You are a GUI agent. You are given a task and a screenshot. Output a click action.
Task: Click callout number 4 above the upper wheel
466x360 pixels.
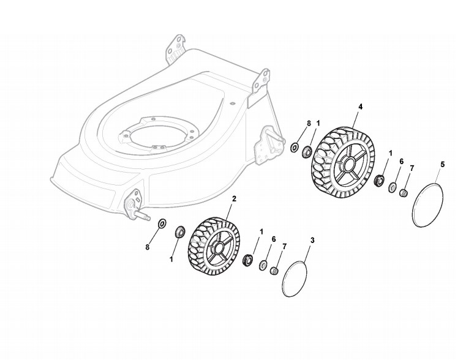(360, 107)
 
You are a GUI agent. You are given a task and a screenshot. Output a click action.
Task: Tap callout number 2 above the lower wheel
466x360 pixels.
(234, 200)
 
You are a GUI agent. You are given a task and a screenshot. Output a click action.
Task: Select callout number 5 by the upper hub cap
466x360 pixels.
(443, 164)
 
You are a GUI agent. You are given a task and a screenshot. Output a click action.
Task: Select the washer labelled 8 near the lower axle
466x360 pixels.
(162, 223)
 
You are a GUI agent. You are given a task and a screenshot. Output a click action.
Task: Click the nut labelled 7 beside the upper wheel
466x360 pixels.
(404, 193)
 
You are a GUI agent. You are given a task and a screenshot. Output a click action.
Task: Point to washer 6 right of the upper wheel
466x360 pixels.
(392, 187)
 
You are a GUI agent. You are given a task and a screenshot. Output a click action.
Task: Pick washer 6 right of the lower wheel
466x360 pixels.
(263, 265)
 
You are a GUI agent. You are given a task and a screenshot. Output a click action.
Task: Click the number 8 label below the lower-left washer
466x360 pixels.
(148, 247)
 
